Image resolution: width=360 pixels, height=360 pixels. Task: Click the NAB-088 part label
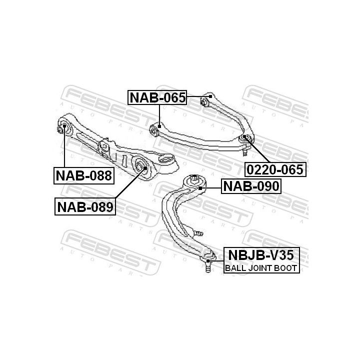click(x=84, y=175)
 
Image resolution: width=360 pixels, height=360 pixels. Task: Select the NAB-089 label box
click(x=85, y=207)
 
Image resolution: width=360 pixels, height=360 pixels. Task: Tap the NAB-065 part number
click(x=157, y=97)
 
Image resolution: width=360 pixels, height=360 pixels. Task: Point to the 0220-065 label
click(x=275, y=169)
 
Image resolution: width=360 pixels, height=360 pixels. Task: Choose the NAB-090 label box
click(x=251, y=186)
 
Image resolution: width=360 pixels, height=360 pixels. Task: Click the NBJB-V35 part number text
click(x=261, y=255)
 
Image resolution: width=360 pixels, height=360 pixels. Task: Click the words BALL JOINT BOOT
click(x=261, y=268)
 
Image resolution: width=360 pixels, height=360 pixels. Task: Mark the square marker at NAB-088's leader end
click(x=64, y=126)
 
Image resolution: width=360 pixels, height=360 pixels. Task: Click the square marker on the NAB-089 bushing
click(x=145, y=168)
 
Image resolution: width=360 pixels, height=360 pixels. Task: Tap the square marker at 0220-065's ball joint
click(x=244, y=136)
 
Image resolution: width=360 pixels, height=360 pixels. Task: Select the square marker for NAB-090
click(x=200, y=188)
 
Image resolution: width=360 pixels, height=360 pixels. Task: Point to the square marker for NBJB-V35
click(x=208, y=261)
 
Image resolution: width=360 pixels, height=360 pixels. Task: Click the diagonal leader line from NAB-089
click(x=130, y=183)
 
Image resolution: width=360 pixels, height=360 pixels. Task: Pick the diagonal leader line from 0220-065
click(x=257, y=149)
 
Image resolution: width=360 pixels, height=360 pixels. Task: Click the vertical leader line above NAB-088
click(x=64, y=146)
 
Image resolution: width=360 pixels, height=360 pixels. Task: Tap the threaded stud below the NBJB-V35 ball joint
click(x=208, y=267)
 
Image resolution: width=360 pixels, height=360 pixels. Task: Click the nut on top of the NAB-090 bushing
click(x=194, y=178)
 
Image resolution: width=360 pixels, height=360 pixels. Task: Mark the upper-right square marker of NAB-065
click(x=210, y=96)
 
